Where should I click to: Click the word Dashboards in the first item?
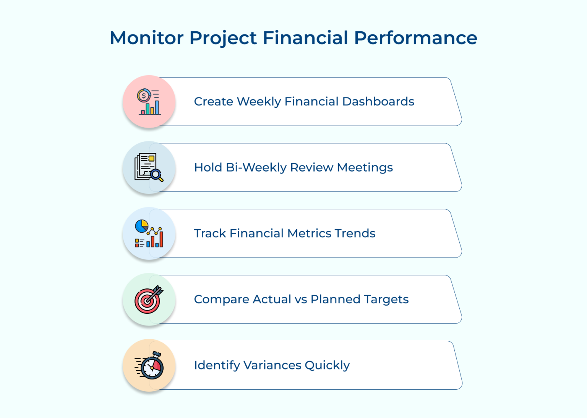click(378, 102)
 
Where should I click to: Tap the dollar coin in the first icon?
click(144, 96)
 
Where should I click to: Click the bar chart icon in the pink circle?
click(151, 108)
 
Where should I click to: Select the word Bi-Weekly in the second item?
click(256, 168)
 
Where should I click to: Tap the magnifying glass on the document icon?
click(157, 175)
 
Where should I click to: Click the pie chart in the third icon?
click(141, 226)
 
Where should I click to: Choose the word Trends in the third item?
click(355, 233)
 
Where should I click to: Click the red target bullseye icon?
click(148, 300)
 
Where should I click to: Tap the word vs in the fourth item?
click(301, 300)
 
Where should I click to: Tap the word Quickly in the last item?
click(327, 365)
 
